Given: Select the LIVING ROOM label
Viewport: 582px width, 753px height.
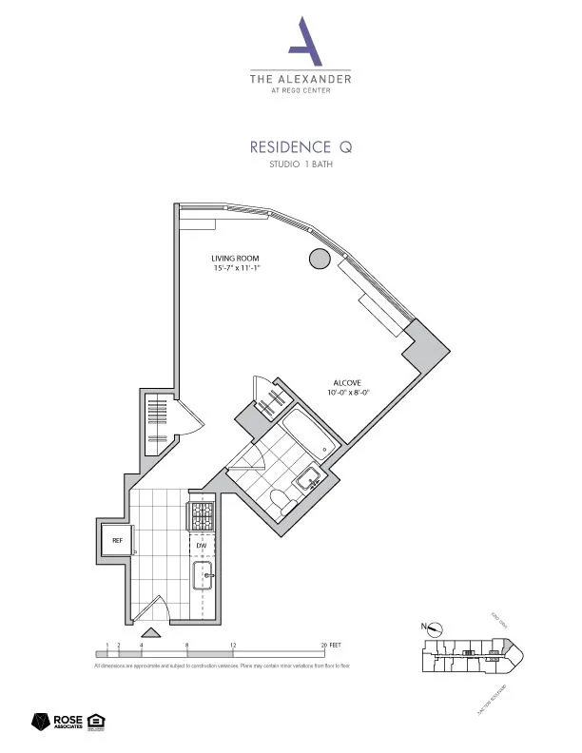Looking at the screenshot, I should coord(236,259).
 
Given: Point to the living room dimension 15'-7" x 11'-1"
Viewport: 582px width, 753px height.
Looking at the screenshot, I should coord(237,269).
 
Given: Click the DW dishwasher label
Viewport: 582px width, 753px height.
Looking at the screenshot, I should coord(202,546).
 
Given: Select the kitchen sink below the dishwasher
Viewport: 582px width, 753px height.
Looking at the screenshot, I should coord(204,574).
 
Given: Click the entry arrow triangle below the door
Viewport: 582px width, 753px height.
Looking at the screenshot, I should coord(150,632).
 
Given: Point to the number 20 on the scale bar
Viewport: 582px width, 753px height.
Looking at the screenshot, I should coord(325,646).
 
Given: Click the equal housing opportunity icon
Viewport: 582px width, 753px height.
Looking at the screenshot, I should coord(95,722).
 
